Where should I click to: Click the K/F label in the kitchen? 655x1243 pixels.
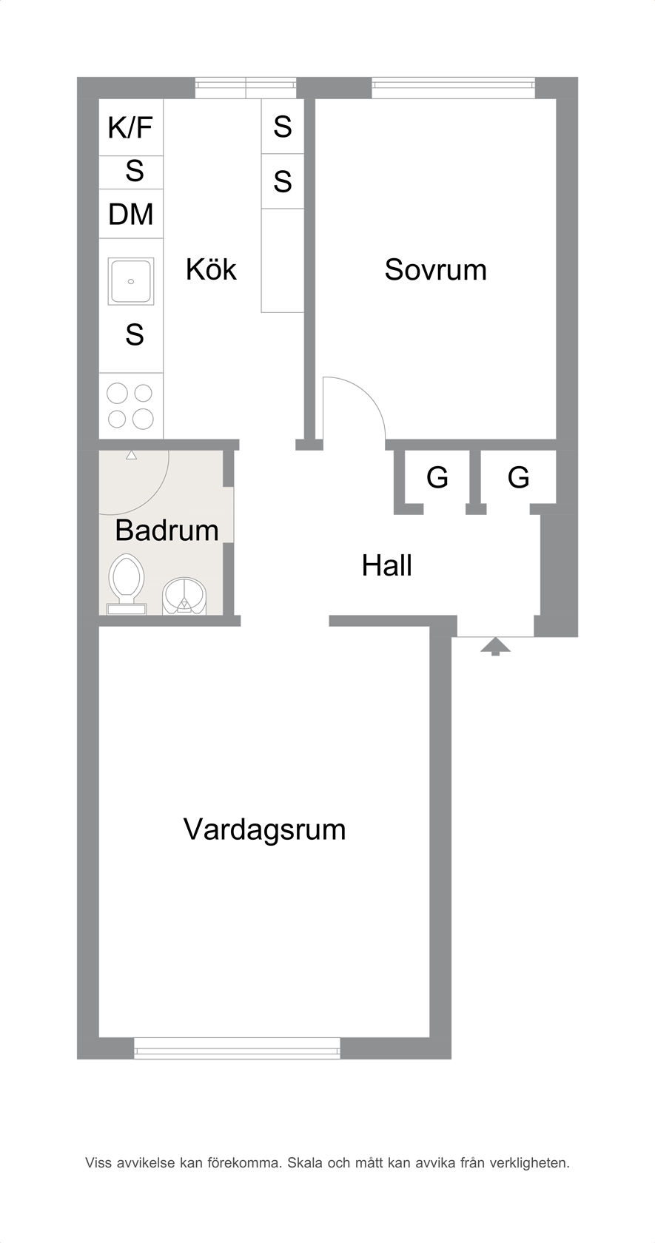point(130,127)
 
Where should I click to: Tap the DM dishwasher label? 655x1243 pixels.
point(131,215)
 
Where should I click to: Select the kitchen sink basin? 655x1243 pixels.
point(131,281)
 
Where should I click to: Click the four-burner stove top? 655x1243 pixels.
point(130,406)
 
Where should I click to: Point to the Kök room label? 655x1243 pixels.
point(211,269)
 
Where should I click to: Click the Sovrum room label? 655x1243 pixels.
point(436,269)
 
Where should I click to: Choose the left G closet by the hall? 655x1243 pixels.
point(437,477)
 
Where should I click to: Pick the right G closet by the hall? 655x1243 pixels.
point(518,477)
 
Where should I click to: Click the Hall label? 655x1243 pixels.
point(387,566)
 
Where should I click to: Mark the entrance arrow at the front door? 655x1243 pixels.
point(495,647)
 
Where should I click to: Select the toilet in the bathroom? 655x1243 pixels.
point(127,584)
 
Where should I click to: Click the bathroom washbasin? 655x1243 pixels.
point(184,596)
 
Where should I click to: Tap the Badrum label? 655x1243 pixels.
point(167,530)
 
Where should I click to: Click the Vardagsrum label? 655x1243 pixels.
point(265,829)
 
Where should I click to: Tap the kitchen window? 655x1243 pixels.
point(246,87)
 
